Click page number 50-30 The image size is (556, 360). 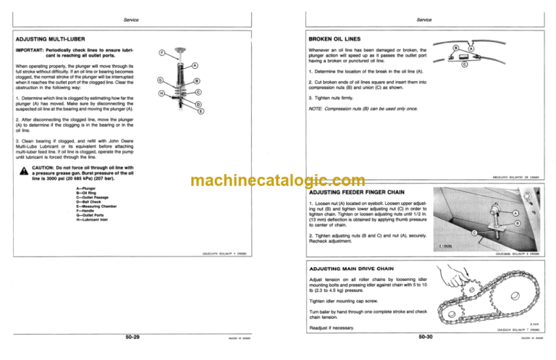428,336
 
